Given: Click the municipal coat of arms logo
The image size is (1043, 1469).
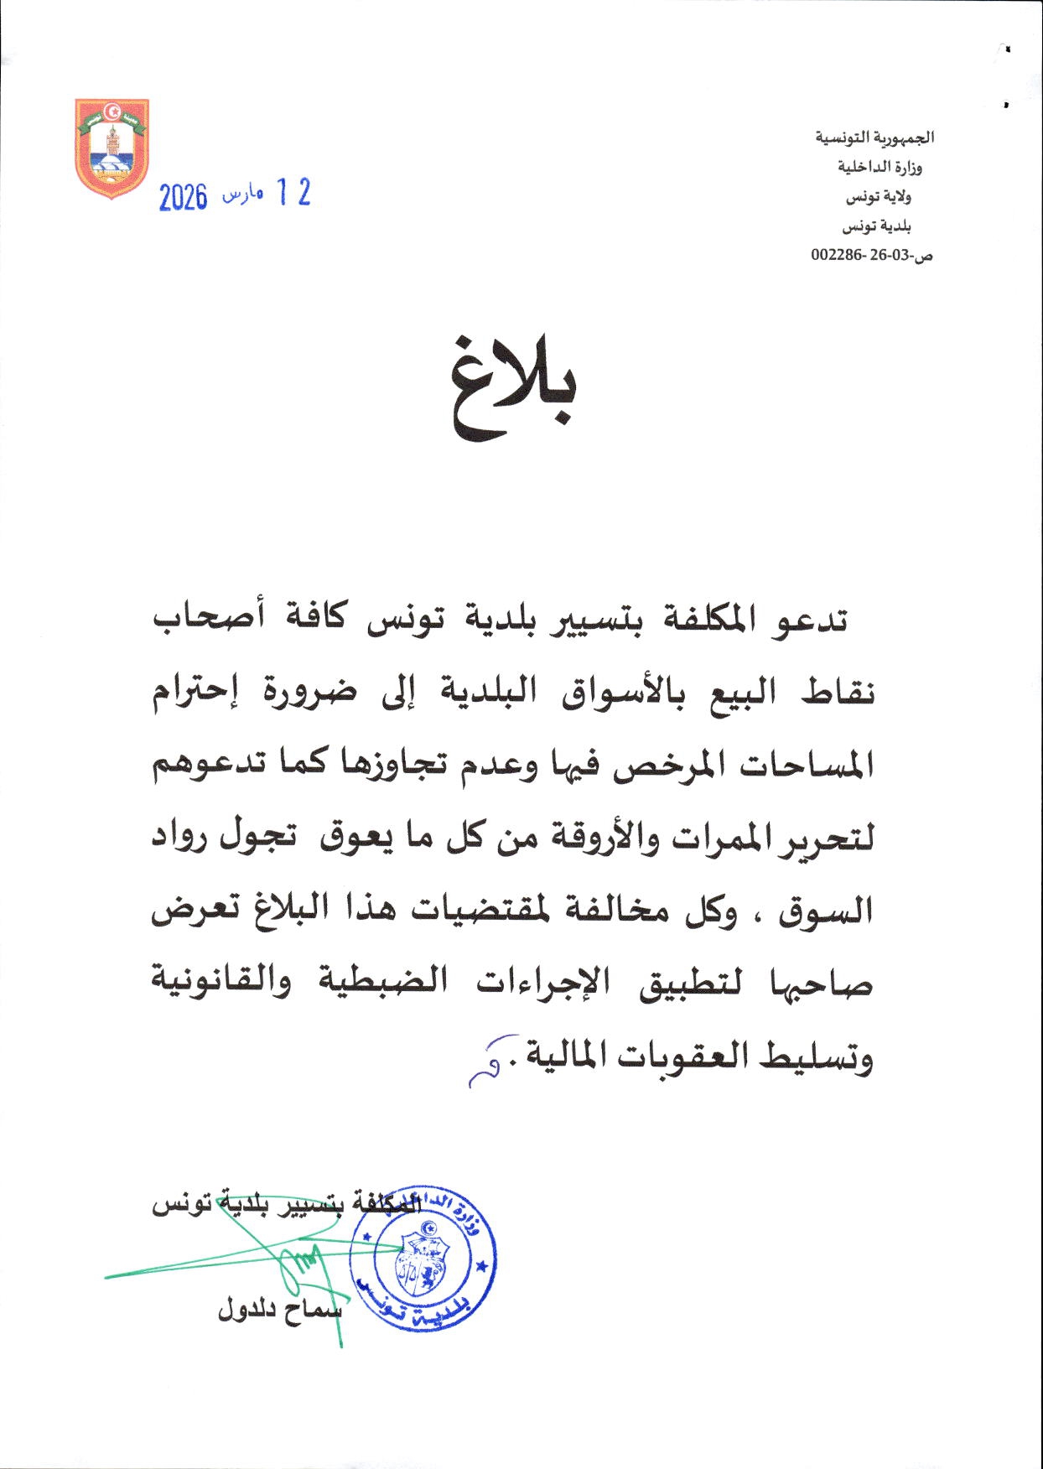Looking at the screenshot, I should [x=112, y=148].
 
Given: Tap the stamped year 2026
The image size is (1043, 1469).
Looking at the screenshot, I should [x=183, y=198].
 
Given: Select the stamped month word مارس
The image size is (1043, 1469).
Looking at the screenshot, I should [x=242, y=196].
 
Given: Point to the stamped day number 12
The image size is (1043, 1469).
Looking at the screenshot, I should [x=293, y=194].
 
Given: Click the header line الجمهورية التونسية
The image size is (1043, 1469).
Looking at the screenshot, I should [x=874, y=138].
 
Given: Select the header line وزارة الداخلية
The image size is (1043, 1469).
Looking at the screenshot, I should [x=880, y=167].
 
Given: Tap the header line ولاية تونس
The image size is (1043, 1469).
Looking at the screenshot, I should [x=878, y=197].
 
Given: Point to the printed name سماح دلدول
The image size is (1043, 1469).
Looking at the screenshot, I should [x=280, y=1311].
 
